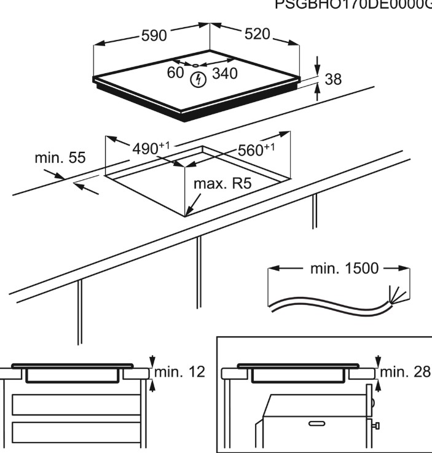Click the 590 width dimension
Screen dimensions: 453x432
pyautogui.click(x=154, y=36)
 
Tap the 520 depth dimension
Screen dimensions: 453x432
pyautogui.click(x=257, y=35)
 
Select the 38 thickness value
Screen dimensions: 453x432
pyautogui.click(x=332, y=79)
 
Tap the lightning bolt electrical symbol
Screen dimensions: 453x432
pyautogui.click(x=198, y=79)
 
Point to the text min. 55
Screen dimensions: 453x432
pyautogui.click(x=60, y=157)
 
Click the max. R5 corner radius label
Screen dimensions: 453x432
pyautogui.click(x=222, y=183)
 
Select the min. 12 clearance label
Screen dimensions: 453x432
pyautogui.click(x=179, y=372)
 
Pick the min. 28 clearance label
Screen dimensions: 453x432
pyautogui.click(x=406, y=372)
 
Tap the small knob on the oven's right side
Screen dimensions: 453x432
pyautogui.click(x=376, y=425)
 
